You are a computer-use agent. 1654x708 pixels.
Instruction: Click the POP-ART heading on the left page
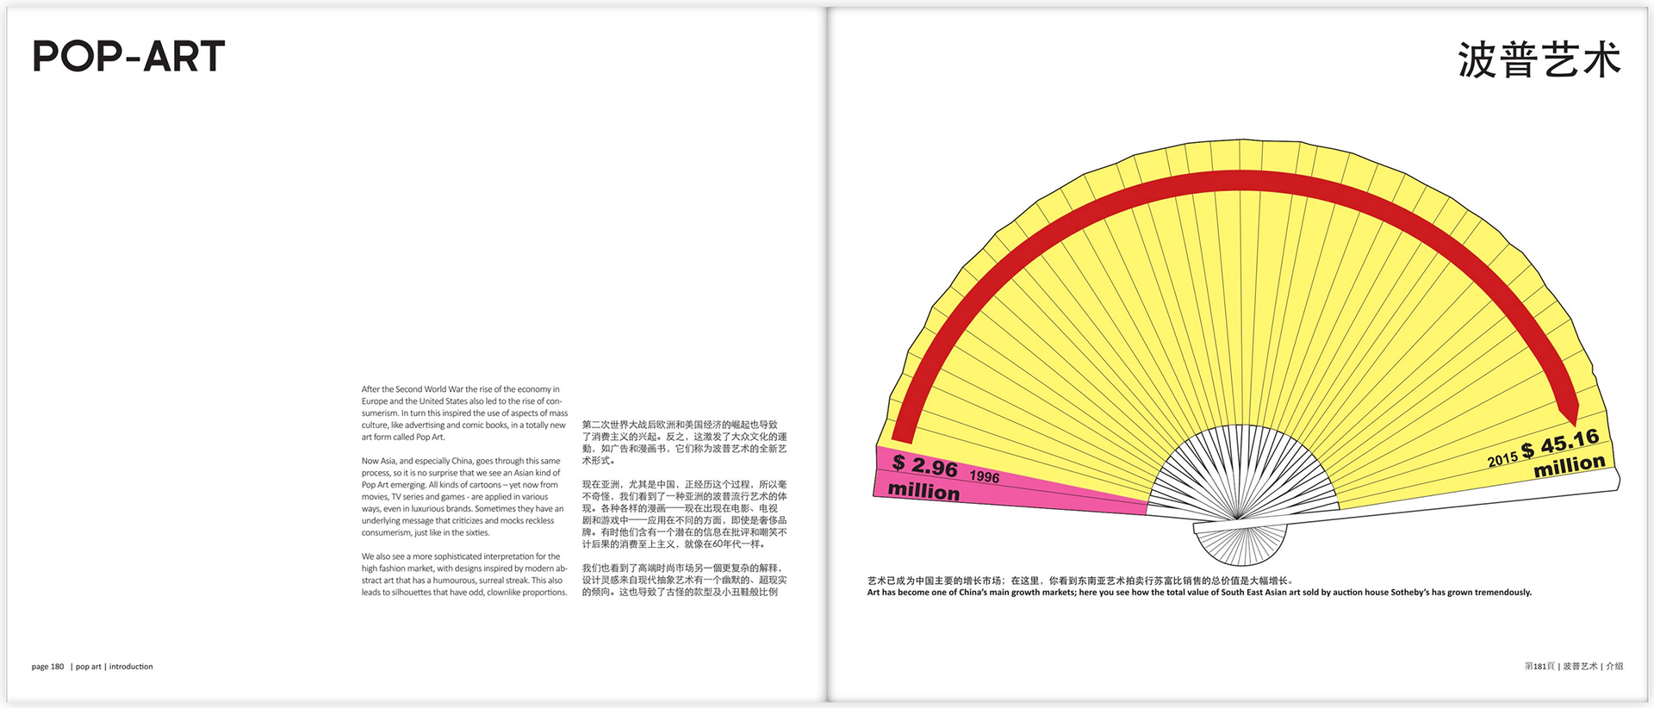(x=128, y=57)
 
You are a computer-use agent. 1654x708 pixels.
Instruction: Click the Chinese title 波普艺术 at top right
(x=1539, y=60)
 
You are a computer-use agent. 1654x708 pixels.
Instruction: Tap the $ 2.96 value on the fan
(x=924, y=466)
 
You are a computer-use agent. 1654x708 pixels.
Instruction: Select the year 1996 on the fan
(x=985, y=476)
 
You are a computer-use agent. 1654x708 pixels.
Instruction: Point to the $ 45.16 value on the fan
(x=1560, y=444)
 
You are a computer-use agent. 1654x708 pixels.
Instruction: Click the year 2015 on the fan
(x=1502, y=459)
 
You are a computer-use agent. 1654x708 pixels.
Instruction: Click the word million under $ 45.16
(x=1570, y=466)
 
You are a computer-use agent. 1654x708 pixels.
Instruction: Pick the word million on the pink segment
(x=923, y=491)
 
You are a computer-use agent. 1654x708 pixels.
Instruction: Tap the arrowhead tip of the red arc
(x=1575, y=421)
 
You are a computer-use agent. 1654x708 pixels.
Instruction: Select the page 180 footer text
(x=48, y=667)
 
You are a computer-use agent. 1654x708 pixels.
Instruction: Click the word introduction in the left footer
(x=131, y=667)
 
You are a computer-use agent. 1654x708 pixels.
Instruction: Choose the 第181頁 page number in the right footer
(x=1539, y=667)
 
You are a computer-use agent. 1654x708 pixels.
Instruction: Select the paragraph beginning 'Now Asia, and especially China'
(x=463, y=497)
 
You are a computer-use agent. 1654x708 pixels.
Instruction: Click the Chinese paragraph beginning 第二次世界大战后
(x=684, y=443)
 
